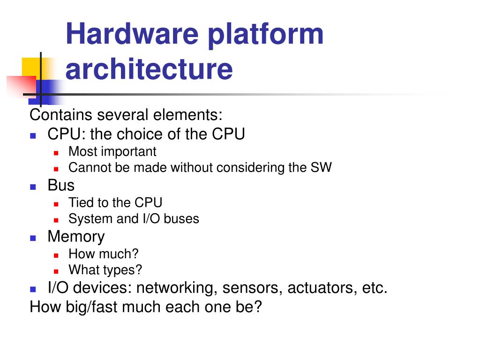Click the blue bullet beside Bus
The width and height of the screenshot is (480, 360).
click(33, 186)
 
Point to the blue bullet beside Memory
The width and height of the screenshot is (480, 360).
click(33, 238)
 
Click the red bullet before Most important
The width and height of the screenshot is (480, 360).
click(56, 153)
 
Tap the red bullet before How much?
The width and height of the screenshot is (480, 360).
click(56, 255)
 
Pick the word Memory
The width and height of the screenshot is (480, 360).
click(76, 236)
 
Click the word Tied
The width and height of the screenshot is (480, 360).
click(80, 202)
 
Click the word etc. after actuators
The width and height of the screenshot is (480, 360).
click(375, 287)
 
